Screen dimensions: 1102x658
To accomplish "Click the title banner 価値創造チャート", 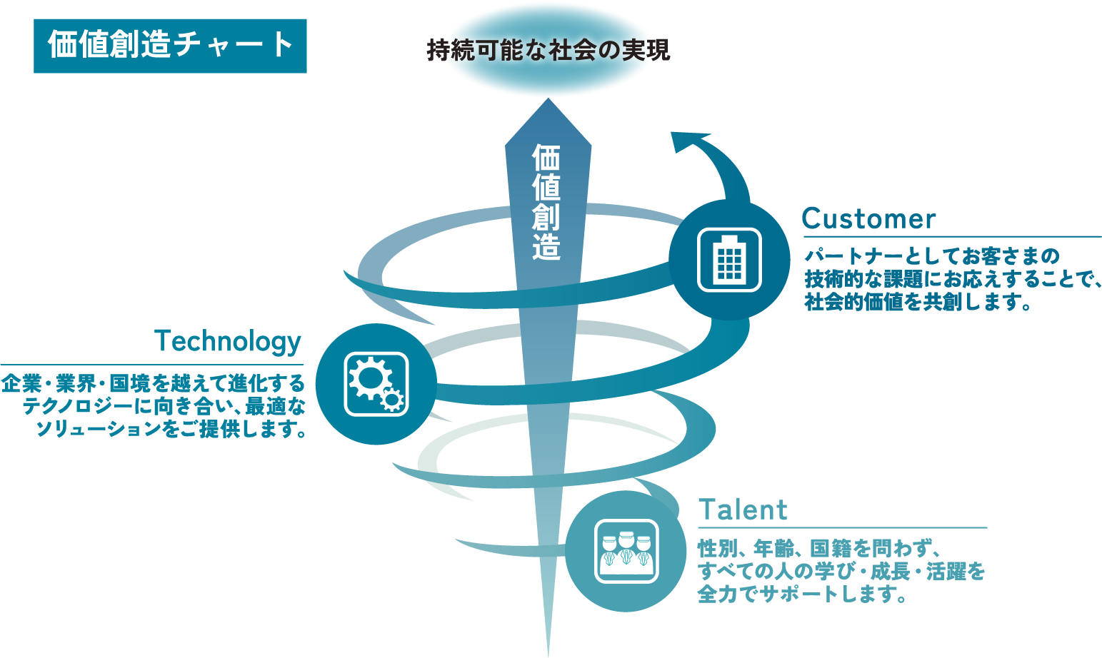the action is [x=170, y=46].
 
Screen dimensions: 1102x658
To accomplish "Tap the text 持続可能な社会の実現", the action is [x=548, y=50].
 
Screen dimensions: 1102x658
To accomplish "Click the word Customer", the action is [x=868, y=219].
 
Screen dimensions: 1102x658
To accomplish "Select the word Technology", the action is [x=227, y=342].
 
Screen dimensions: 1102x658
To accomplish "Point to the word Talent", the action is [x=743, y=510].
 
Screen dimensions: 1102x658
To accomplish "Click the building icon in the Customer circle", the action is [x=730, y=260].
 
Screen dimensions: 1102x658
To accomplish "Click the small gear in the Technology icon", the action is [x=393, y=400].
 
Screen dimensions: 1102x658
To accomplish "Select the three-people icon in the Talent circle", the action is [x=626, y=551].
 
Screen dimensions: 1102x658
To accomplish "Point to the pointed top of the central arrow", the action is [x=548, y=98].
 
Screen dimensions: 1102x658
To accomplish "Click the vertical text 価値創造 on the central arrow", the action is [x=546, y=202].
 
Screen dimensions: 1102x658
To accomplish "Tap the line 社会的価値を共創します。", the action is [x=918, y=302].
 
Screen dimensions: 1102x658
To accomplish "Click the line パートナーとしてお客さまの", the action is [x=931, y=256].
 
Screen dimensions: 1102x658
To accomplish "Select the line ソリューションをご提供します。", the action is [x=171, y=430].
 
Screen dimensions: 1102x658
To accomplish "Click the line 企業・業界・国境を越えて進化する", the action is [x=153, y=383].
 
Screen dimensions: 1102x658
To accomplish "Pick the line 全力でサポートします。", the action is [x=802, y=594].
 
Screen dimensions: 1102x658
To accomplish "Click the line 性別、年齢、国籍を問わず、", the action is [x=820, y=548].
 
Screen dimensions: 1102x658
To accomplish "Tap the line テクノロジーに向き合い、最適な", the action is [x=164, y=407].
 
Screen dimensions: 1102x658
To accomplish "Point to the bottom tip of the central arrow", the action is [x=548, y=657].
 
